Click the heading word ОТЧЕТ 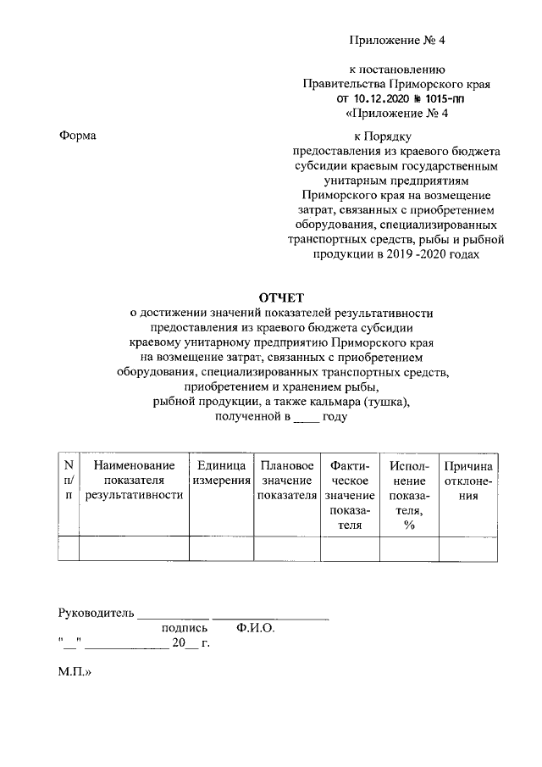(x=279, y=297)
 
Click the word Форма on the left (x=77, y=136)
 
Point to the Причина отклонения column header (x=468, y=481)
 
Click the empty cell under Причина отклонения (x=468, y=548)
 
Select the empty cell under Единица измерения (x=221, y=548)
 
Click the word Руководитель (x=96, y=613)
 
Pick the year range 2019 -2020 (x=418, y=253)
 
